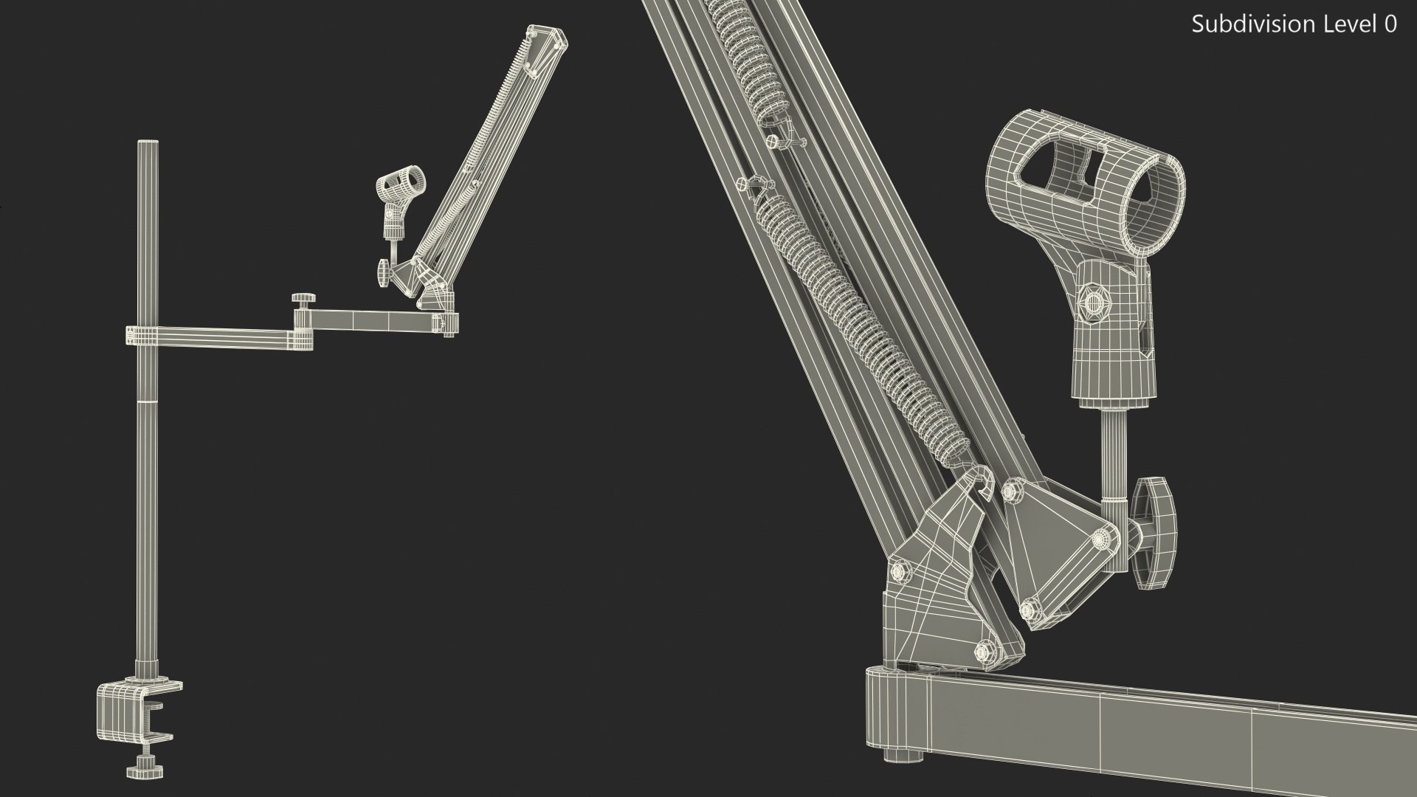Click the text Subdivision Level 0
(x=1294, y=24)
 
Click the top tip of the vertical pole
(x=148, y=143)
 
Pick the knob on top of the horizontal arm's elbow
(x=302, y=298)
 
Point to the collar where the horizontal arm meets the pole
(x=142, y=335)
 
